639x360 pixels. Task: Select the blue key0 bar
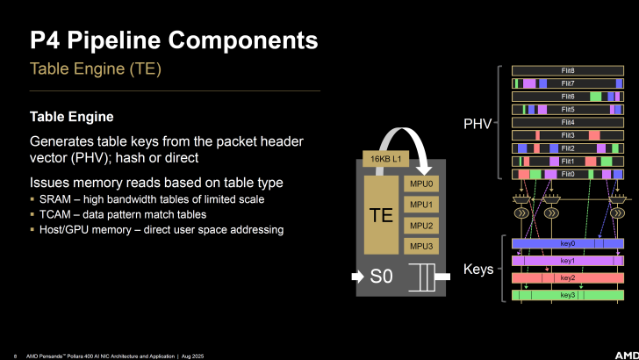pos(567,243)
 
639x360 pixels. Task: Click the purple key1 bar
pos(567,261)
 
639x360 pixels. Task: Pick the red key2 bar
pos(567,277)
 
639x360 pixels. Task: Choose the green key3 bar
pos(567,295)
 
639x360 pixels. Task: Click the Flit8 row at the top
pos(567,69)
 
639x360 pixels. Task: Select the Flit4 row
pos(567,122)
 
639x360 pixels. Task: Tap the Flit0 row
pos(567,175)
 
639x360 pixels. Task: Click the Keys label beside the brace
pos(478,270)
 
